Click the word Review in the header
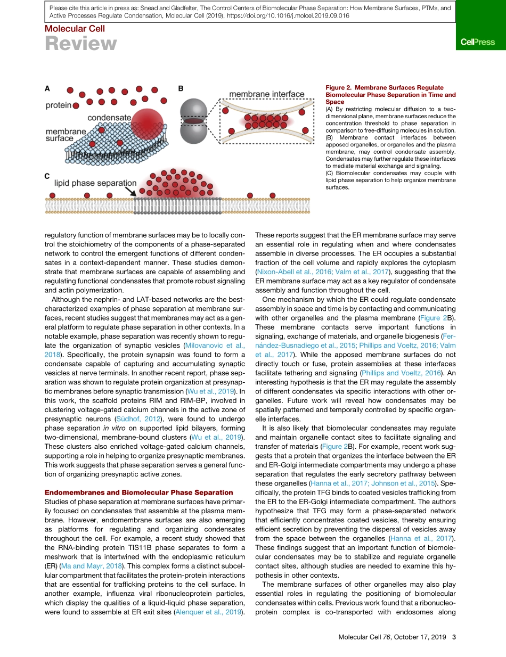click(x=80, y=44)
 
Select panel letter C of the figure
click(x=48, y=175)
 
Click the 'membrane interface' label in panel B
click(x=267, y=94)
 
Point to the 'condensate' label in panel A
click(x=109, y=117)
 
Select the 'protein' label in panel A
click(x=58, y=105)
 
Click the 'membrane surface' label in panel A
click(x=66, y=135)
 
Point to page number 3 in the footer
click(x=454, y=637)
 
